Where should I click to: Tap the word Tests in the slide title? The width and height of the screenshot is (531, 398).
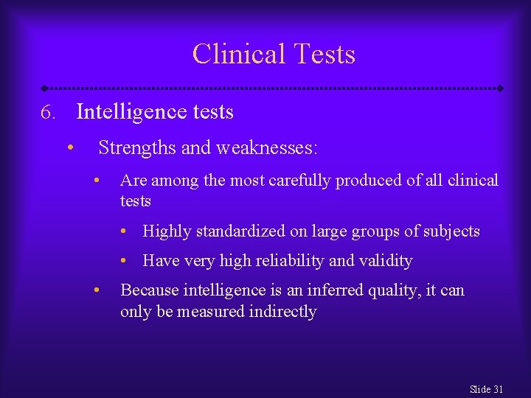click(324, 54)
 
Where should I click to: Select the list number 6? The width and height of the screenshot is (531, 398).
click(48, 113)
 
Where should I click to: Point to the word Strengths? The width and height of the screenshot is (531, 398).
click(137, 148)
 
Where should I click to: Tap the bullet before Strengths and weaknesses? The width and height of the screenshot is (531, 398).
click(69, 147)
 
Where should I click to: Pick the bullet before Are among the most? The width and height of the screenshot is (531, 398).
click(96, 180)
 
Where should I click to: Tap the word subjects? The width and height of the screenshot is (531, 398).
click(451, 231)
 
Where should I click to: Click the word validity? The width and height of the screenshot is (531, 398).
click(386, 261)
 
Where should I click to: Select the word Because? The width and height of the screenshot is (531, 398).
click(147, 290)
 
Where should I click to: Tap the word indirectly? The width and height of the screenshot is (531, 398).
click(282, 312)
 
